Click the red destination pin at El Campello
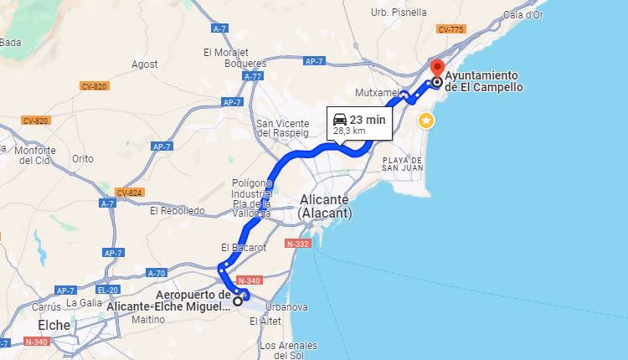(x=436, y=68)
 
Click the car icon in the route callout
(x=339, y=119)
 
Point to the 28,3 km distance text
(x=349, y=131)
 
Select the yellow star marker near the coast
(x=426, y=120)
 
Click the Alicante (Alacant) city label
(x=325, y=207)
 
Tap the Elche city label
(x=54, y=325)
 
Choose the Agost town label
(x=144, y=64)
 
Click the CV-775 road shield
(x=450, y=29)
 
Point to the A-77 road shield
(x=253, y=76)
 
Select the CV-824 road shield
(x=130, y=193)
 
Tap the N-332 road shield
(x=297, y=244)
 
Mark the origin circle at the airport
(x=238, y=301)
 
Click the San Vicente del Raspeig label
(x=282, y=128)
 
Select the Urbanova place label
(x=286, y=306)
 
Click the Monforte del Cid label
(x=35, y=155)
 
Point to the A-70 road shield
(x=156, y=273)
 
